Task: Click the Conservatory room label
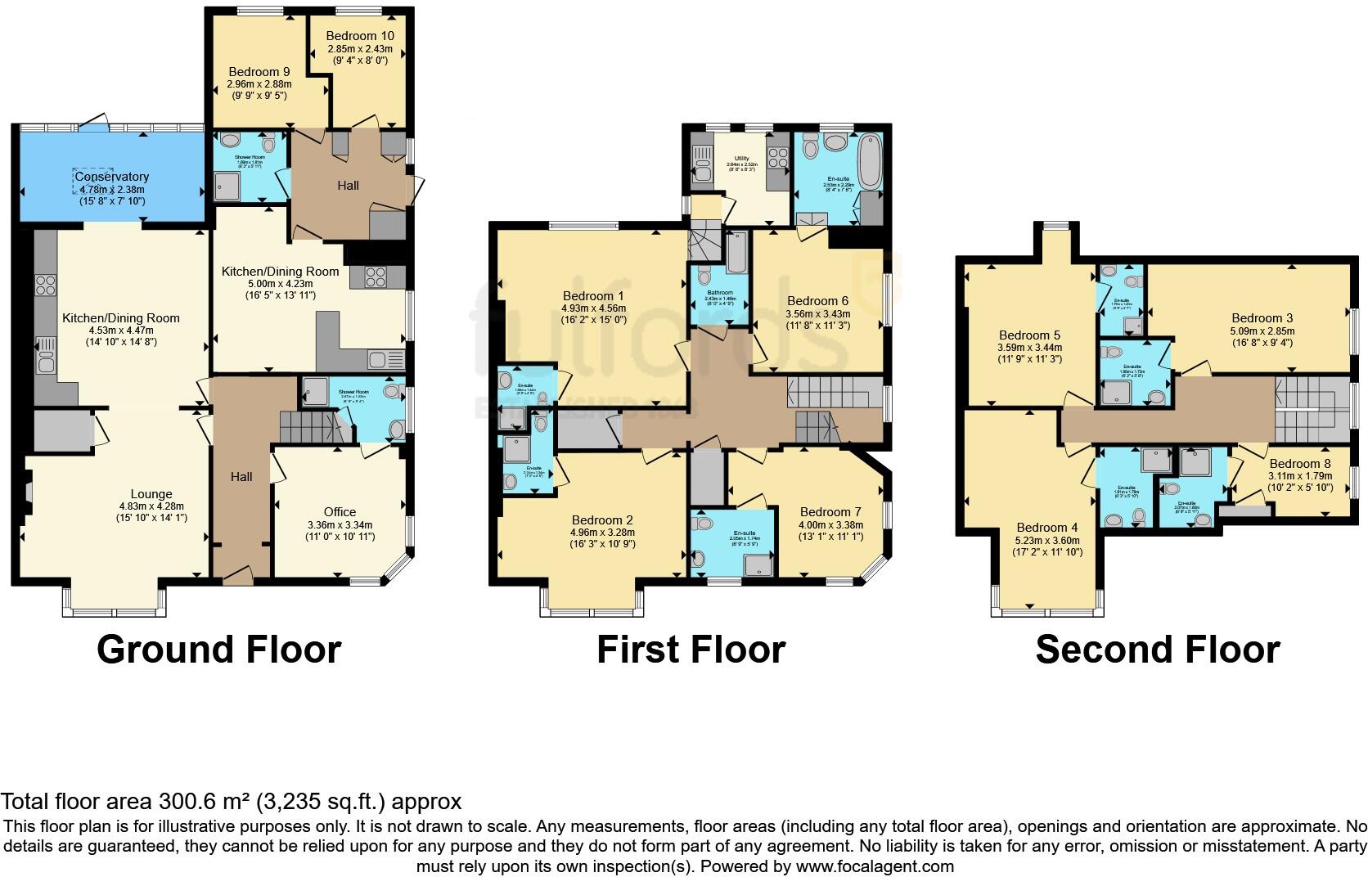tap(113, 177)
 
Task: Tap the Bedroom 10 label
tap(359, 36)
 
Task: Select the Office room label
tap(340, 512)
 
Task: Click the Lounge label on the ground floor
tap(151, 494)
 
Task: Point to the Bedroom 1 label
tap(593, 296)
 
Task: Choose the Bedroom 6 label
tap(817, 301)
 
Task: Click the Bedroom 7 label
tap(830, 512)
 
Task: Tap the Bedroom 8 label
tap(1299, 464)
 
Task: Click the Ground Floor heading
tap(218, 650)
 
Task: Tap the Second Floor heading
tap(1157, 650)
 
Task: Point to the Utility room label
tap(741, 158)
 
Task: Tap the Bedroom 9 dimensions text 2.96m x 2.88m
tap(259, 83)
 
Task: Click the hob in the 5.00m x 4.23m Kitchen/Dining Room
tap(375, 277)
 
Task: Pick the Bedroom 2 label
tap(602, 520)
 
